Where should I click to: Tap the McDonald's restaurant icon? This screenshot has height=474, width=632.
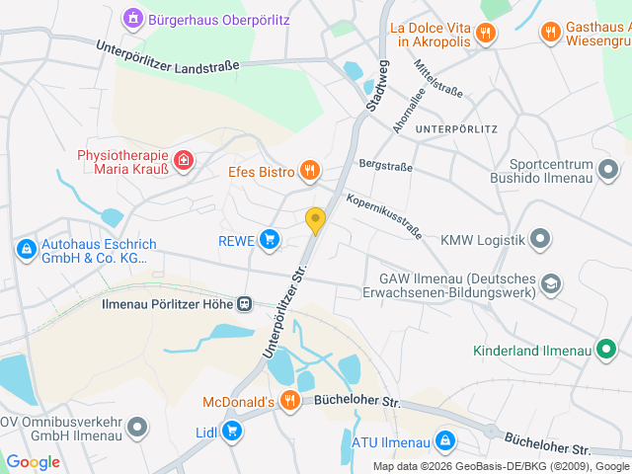point(289,401)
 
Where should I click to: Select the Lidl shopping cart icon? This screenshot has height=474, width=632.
point(232,430)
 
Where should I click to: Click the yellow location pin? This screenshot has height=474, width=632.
point(315,221)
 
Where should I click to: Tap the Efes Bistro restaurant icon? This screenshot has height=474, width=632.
point(310,172)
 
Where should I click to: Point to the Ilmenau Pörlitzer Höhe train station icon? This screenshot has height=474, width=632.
point(243,305)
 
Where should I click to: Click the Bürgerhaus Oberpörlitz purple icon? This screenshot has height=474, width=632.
point(132,18)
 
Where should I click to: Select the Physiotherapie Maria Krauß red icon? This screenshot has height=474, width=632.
point(183,160)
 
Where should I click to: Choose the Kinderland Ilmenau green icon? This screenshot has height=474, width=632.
point(607,350)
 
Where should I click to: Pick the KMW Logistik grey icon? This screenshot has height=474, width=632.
point(540,238)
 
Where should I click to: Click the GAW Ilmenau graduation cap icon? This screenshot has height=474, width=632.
point(550,285)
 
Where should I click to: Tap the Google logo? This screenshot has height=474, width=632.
point(33,461)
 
